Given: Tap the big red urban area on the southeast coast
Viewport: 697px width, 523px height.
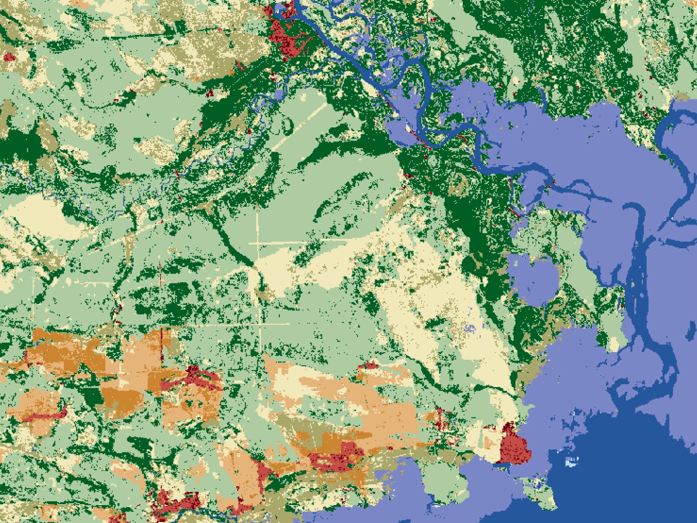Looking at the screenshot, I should coord(515,446).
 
